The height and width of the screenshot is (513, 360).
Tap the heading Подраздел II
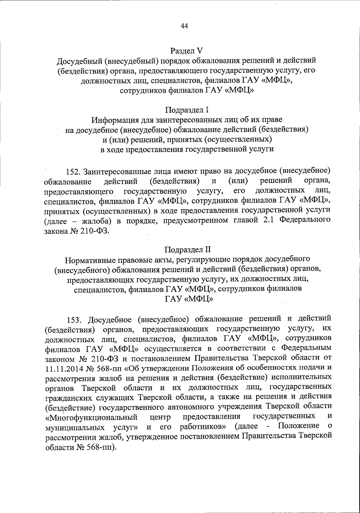tap(188, 249)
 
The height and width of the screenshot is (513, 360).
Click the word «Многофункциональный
tap(91, 418)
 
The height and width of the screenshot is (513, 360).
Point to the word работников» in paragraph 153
tap(204, 427)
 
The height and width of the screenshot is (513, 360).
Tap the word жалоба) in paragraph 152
tap(97, 221)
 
